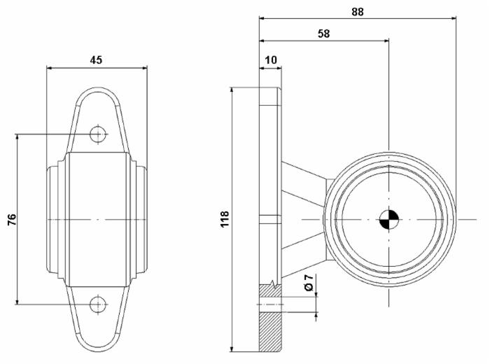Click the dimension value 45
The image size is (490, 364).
tap(96, 59)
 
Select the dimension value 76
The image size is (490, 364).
tap(12, 220)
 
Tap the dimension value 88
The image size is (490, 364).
tap(358, 12)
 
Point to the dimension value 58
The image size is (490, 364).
tap(323, 34)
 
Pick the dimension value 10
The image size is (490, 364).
tap(271, 59)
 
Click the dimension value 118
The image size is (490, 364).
tap(225, 219)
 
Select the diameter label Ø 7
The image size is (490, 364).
tap(309, 283)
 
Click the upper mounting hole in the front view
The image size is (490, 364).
tap(98, 134)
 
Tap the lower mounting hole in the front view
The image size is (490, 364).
tap(98, 304)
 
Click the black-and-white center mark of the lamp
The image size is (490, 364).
tap(389, 220)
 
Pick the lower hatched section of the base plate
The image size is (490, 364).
tap(270, 332)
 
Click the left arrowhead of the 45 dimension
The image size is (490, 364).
tap(50, 68)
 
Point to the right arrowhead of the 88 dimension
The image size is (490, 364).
tap(452, 18)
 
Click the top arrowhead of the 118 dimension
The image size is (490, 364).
tap(232, 91)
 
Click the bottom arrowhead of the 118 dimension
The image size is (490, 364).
tap(232, 348)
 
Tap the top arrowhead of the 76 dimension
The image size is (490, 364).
tap(17, 138)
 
